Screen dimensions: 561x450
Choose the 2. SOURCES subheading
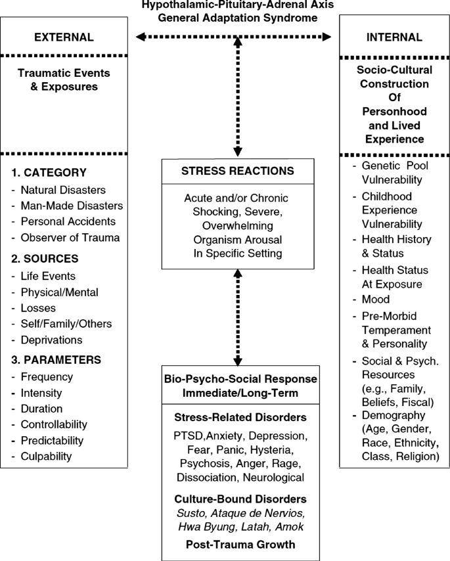point(45,259)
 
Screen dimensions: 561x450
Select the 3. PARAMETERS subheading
point(56,359)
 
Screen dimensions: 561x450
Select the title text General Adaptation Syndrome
point(238,18)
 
